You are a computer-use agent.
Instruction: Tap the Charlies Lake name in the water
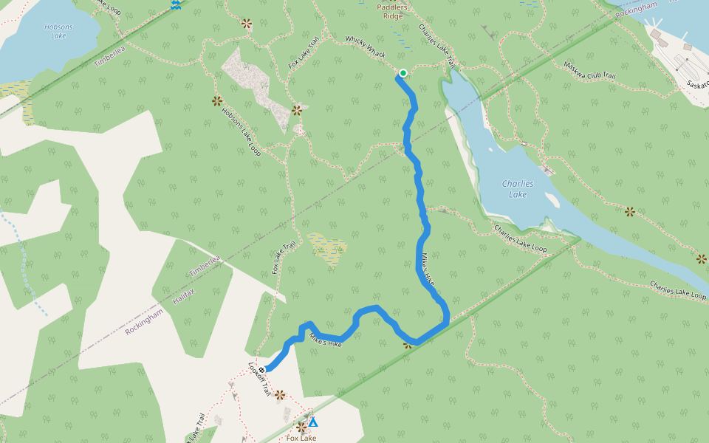518,189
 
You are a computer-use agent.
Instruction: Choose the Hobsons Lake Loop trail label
242,132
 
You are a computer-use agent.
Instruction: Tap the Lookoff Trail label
260,380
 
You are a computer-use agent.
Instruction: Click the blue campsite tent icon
312,422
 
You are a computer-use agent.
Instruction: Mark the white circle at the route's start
403,72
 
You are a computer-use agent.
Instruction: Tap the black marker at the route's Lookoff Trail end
261,369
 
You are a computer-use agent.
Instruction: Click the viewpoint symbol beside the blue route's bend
407,344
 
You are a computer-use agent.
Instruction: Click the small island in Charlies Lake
552,199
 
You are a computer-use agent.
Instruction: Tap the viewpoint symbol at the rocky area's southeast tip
297,111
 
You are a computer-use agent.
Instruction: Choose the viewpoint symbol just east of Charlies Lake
629,212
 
